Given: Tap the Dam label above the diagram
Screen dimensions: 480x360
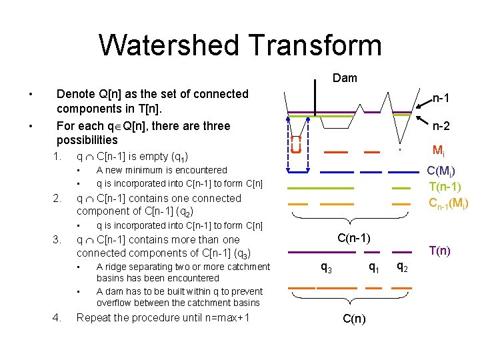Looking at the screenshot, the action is click(x=345, y=78).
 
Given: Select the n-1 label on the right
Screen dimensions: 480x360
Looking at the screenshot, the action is click(x=439, y=99).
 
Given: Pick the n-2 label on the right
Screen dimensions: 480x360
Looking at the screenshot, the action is click(x=440, y=126).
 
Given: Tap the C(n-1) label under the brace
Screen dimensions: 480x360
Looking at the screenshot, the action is click(x=354, y=237).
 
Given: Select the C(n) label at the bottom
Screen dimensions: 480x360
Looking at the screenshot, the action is click(x=353, y=319).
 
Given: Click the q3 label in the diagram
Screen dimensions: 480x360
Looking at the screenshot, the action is click(x=327, y=268).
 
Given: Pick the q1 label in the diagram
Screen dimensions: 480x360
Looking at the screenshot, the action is click(x=375, y=268).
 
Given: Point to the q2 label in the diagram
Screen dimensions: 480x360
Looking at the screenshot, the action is click(x=402, y=268).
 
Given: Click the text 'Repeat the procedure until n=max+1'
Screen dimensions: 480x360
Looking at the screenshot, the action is click(x=163, y=317).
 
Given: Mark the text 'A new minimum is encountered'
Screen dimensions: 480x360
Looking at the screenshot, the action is click(x=162, y=171).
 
